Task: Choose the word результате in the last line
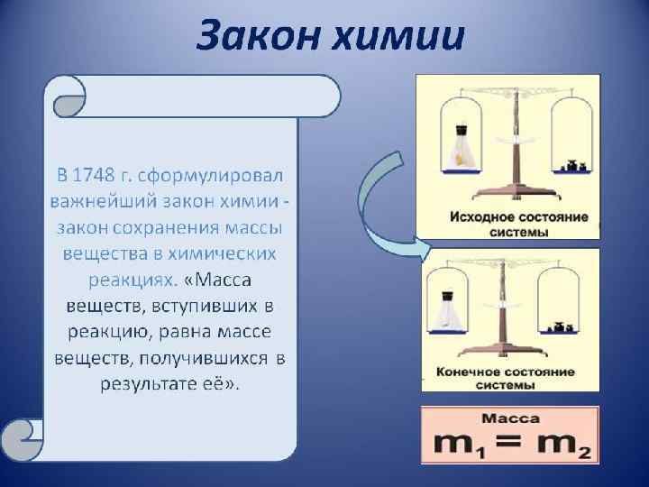click(145, 384)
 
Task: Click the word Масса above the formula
click(510, 418)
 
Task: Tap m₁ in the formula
click(456, 444)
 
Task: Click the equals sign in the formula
click(510, 443)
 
